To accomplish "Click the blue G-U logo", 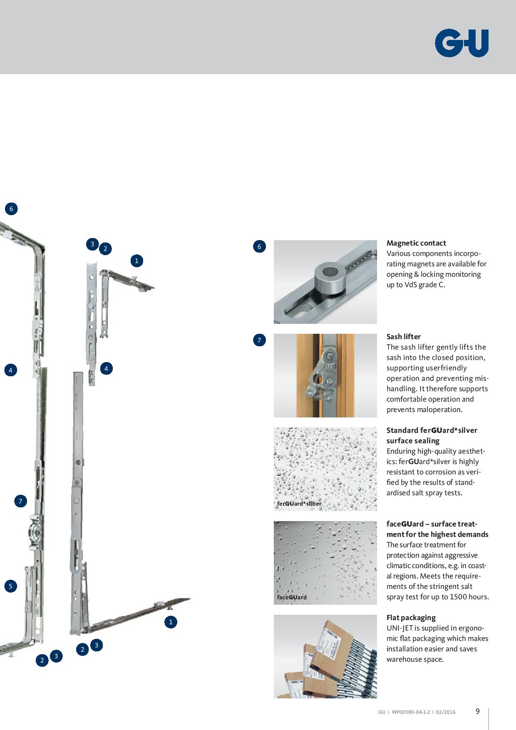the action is coord(462,43).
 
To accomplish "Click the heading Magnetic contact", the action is coord(416,243).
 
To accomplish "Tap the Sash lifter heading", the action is coord(404,337).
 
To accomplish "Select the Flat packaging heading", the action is coord(411,618).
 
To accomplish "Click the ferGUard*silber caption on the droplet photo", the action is coord(299,504).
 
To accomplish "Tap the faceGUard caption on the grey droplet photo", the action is coord(292,597).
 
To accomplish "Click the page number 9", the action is coord(478,711).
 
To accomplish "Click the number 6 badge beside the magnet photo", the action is coord(259,246).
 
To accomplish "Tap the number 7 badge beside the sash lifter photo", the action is coord(259,340).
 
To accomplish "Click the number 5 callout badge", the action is coord(10,586).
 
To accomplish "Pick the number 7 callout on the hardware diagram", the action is coord(20,501).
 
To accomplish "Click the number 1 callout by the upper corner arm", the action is coord(136,261).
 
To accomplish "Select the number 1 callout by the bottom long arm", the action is coord(171,622).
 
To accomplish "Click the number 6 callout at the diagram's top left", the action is coord(11,209).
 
